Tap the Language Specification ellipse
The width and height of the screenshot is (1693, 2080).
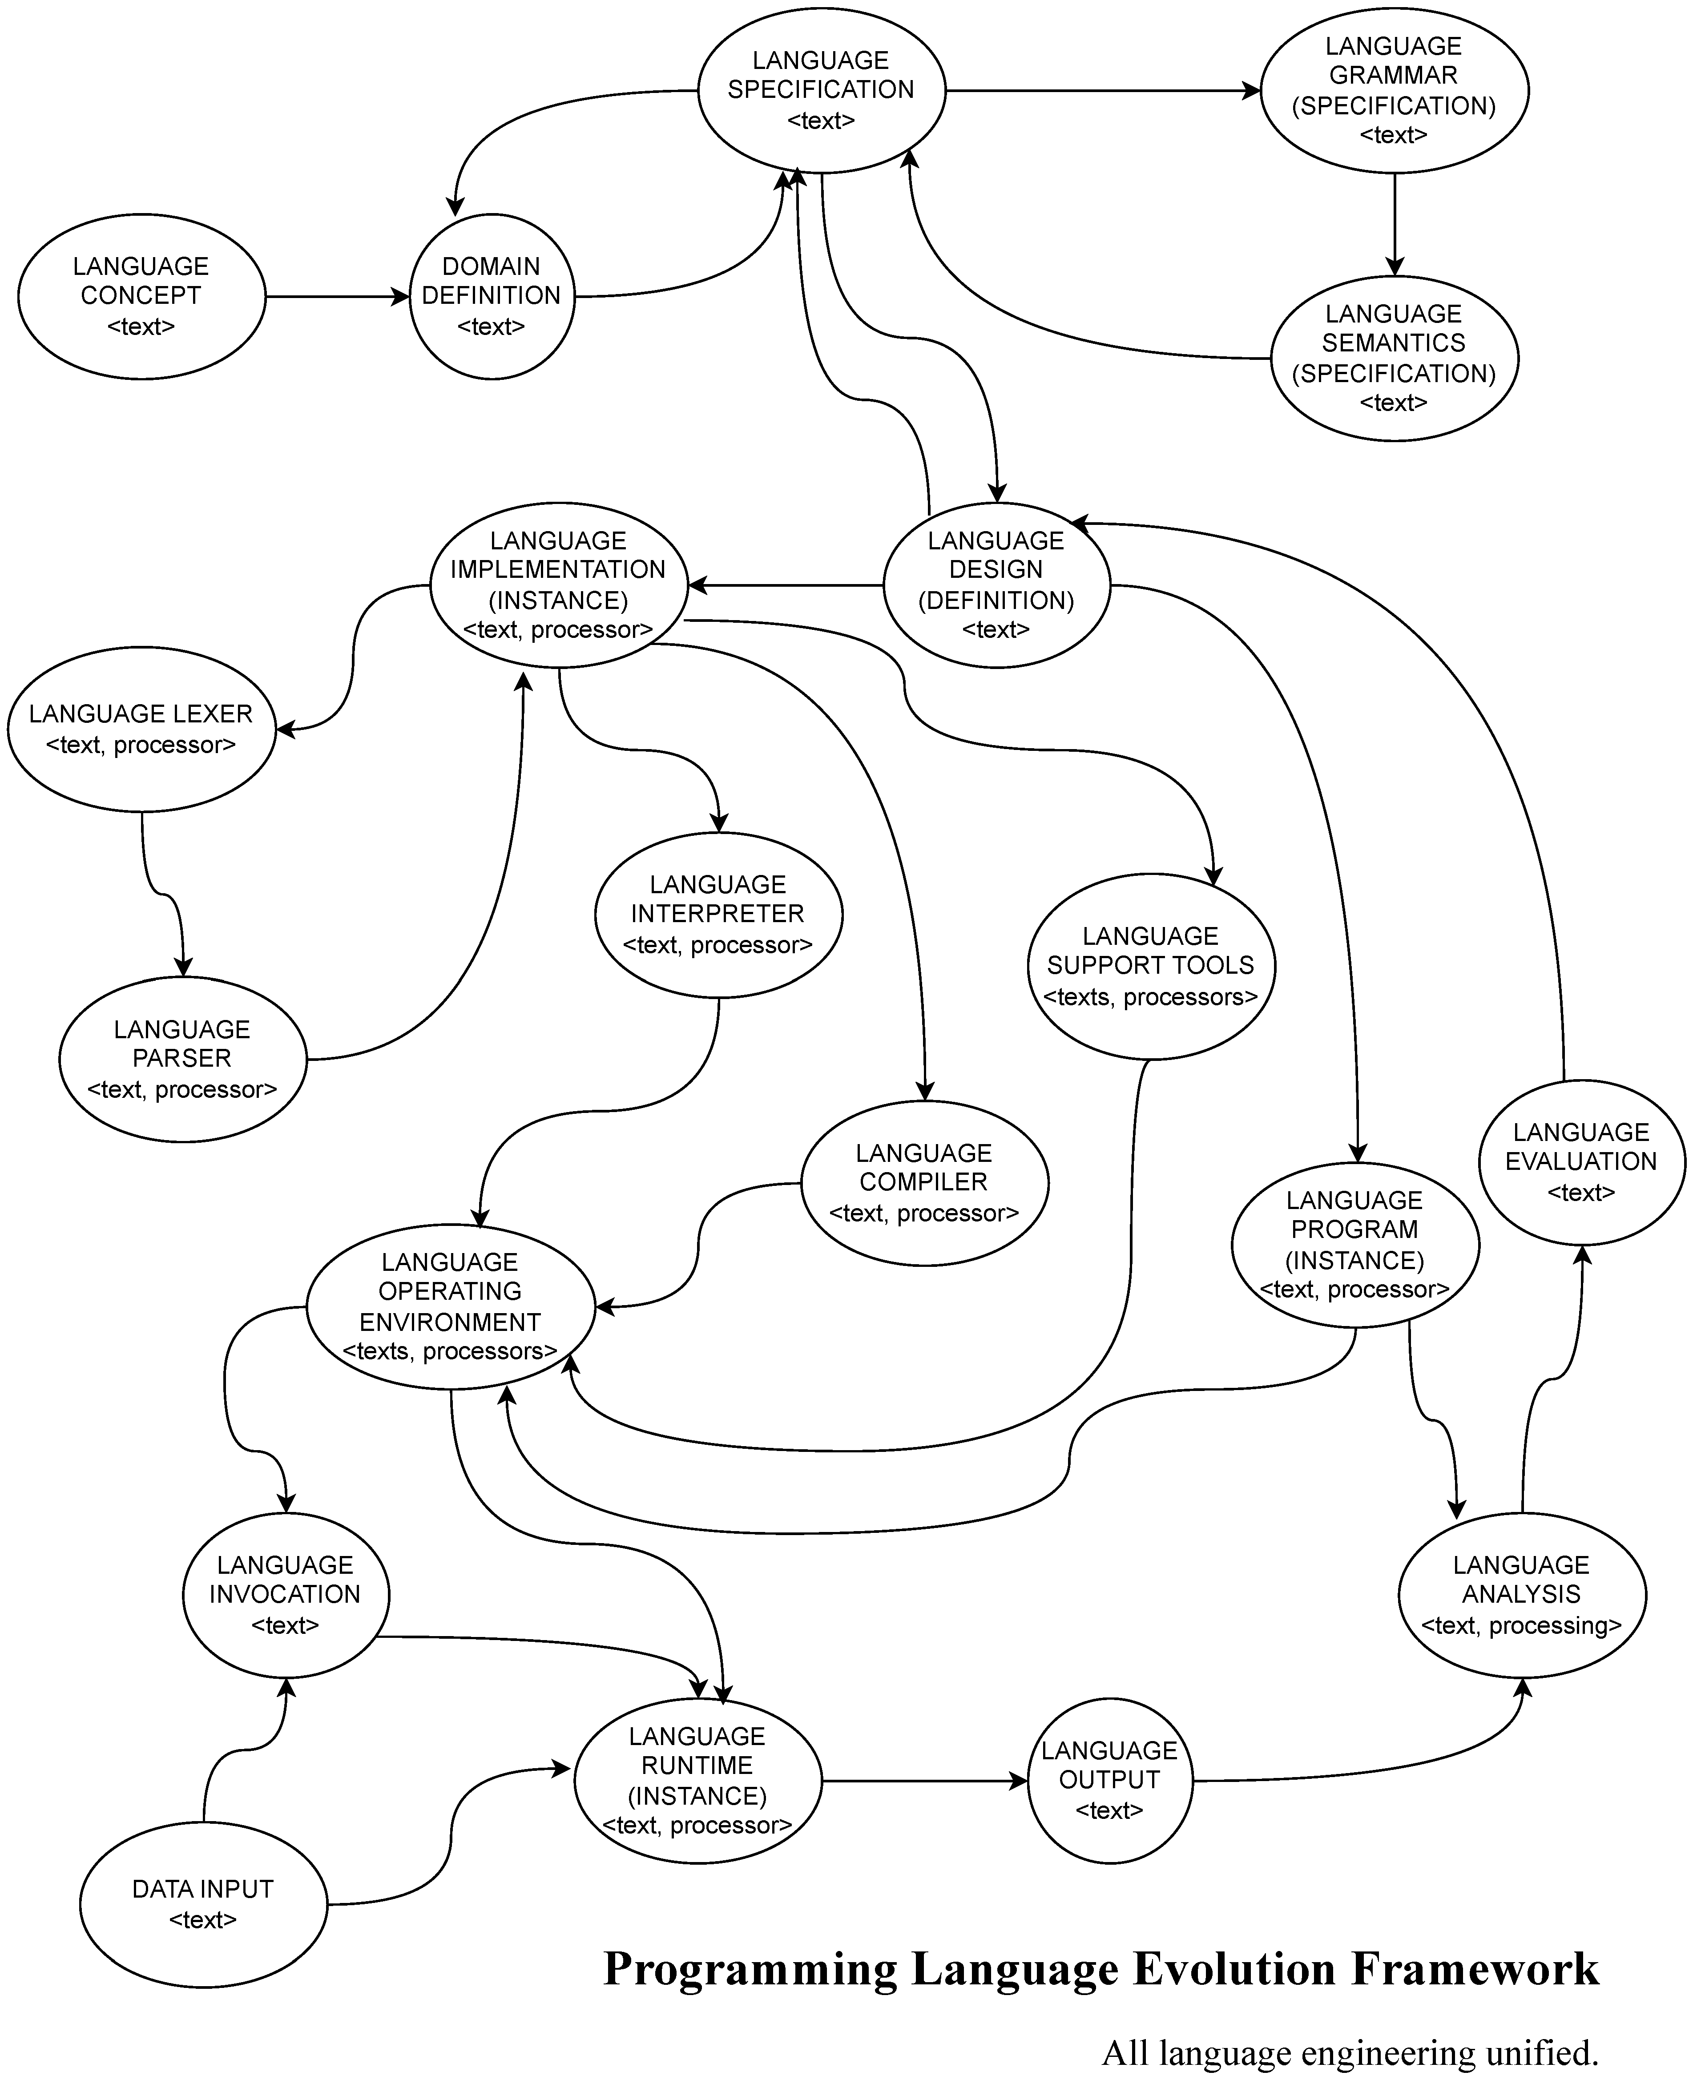[821, 91]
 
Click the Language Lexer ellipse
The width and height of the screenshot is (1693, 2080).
[141, 730]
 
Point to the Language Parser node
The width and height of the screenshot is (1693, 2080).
[182, 1059]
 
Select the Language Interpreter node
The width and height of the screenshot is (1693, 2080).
[718, 915]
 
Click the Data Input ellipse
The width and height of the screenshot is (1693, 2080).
[203, 1904]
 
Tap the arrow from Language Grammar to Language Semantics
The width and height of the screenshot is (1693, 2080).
[1395, 224]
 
